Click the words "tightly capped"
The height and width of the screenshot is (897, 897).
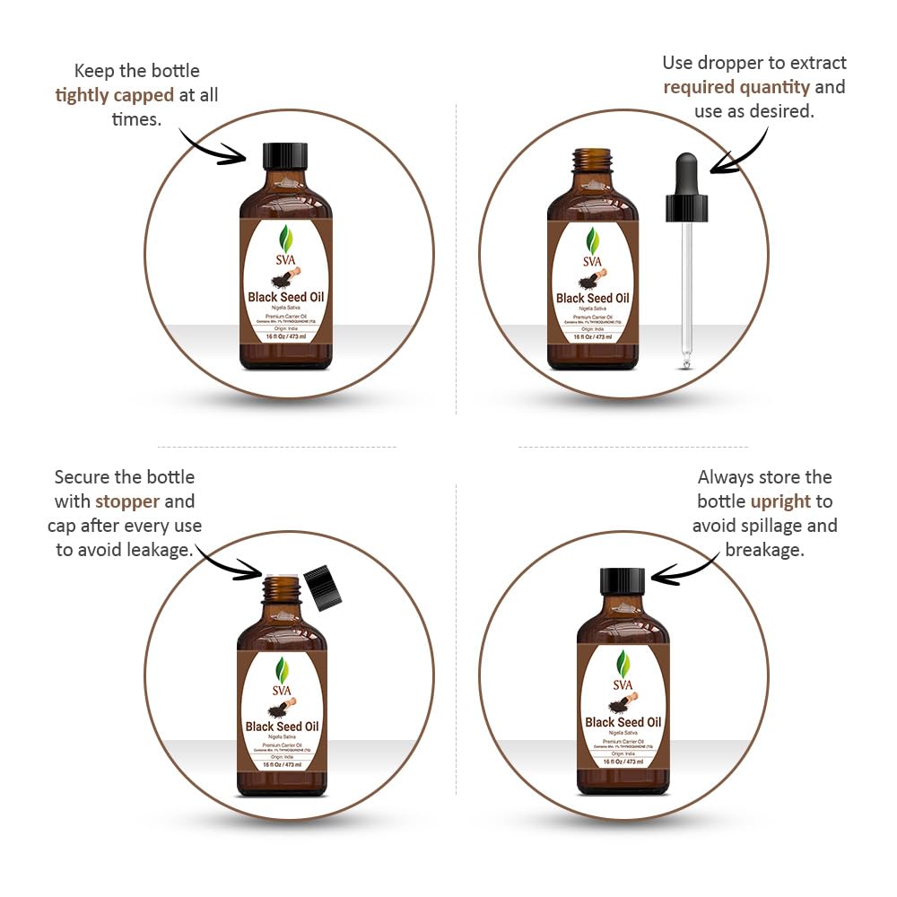(x=115, y=94)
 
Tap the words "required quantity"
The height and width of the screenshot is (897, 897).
(x=736, y=87)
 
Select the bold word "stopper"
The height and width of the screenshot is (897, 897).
(x=127, y=501)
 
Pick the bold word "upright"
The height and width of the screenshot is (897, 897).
(x=780, y=501)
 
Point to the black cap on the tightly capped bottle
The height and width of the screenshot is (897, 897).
(x=285, y=156)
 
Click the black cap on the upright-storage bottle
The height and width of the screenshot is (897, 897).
(x=623, y=581)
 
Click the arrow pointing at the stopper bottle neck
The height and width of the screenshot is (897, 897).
(x=229, y=562)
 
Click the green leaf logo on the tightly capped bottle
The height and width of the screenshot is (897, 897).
(x=285, y=239)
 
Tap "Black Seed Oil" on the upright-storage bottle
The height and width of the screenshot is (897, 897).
(x=623, y=722)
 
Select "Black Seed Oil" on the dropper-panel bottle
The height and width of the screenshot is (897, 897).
(x=593, y=299)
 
